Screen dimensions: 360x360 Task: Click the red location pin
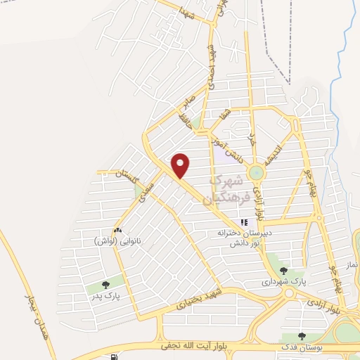coord(181,165)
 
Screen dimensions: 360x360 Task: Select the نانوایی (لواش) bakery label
coord(118,240)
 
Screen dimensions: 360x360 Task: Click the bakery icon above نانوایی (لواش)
coord(117,230)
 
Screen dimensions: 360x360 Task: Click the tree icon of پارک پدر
coord(106,285)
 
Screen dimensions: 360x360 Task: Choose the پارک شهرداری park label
coord(283,281)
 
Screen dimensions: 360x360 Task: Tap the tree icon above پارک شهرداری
coord(283,270)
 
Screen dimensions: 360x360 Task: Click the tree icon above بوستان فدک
coord(302,337)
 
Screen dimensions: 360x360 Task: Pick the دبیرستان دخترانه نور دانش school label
coord(244,236)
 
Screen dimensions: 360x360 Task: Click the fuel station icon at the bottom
coord(115,356)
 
